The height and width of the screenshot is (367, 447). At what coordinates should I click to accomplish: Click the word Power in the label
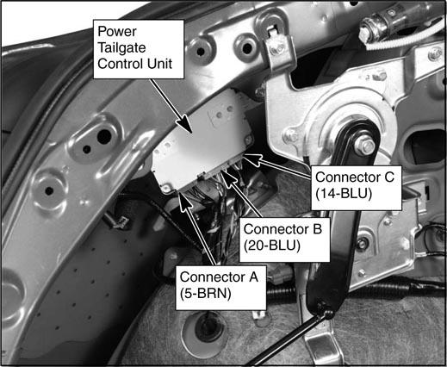click(117, 32)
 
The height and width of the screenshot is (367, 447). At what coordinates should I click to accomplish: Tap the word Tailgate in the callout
click(121, 48)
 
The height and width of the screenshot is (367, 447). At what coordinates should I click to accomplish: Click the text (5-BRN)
click(206, 294)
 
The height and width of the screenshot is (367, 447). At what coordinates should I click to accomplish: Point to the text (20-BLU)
click(272, 246)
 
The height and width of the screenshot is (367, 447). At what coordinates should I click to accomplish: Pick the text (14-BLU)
click(344, 194)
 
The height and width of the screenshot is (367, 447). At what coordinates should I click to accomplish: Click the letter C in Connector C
click(388, 177)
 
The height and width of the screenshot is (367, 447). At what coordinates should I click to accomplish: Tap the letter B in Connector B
click(316, 229)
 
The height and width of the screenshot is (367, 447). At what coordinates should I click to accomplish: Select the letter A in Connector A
click(253, 277)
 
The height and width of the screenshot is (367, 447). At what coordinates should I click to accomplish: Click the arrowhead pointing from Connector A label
click(183, 199)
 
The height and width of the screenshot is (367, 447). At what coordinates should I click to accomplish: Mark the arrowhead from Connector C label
click(252, 159)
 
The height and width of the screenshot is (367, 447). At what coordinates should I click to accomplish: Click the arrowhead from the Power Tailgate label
click(185, 124)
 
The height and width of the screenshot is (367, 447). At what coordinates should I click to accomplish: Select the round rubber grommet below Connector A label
click(204, 326)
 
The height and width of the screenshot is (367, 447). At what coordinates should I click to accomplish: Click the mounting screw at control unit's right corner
click(248, 140)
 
